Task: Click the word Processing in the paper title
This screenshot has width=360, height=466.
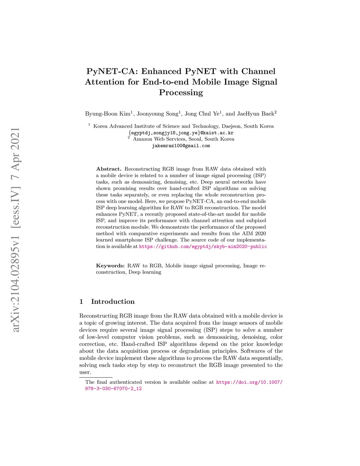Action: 181,92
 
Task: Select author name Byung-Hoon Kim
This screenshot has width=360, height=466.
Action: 108,114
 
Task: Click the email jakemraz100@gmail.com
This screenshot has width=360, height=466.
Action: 181,146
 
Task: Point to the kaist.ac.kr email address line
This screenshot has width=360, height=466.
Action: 181,133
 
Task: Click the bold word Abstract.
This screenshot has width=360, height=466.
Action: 109,169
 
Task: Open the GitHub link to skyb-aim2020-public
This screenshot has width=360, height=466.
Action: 203,247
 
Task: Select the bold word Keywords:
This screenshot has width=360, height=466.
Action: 110,266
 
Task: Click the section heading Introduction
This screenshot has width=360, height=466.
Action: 112,301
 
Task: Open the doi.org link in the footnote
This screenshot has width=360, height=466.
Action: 249,382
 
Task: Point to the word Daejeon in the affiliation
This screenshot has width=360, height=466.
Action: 232,126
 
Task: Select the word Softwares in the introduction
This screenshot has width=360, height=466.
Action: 253,351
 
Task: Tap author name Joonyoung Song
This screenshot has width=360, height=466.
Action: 157,114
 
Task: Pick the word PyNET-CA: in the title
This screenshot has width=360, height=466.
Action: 112,71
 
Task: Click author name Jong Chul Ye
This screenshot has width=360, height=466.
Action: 202,114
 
